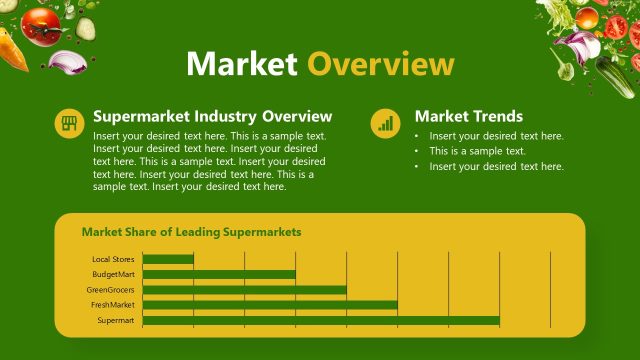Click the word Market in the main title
point(241,64)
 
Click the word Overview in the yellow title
point(380,64)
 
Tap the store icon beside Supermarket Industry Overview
point(68,123)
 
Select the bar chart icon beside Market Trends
point(385,123)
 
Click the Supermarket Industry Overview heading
point(212,116)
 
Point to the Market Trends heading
point(468,116)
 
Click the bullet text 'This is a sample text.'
point(477,151)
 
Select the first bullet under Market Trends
point(496,136)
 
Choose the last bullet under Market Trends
point(496,166)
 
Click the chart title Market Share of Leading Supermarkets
point(191,232)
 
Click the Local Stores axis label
point(113,260)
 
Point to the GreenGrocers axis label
point(111,290)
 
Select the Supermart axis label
point(116,320)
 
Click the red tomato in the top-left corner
point(42,24)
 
